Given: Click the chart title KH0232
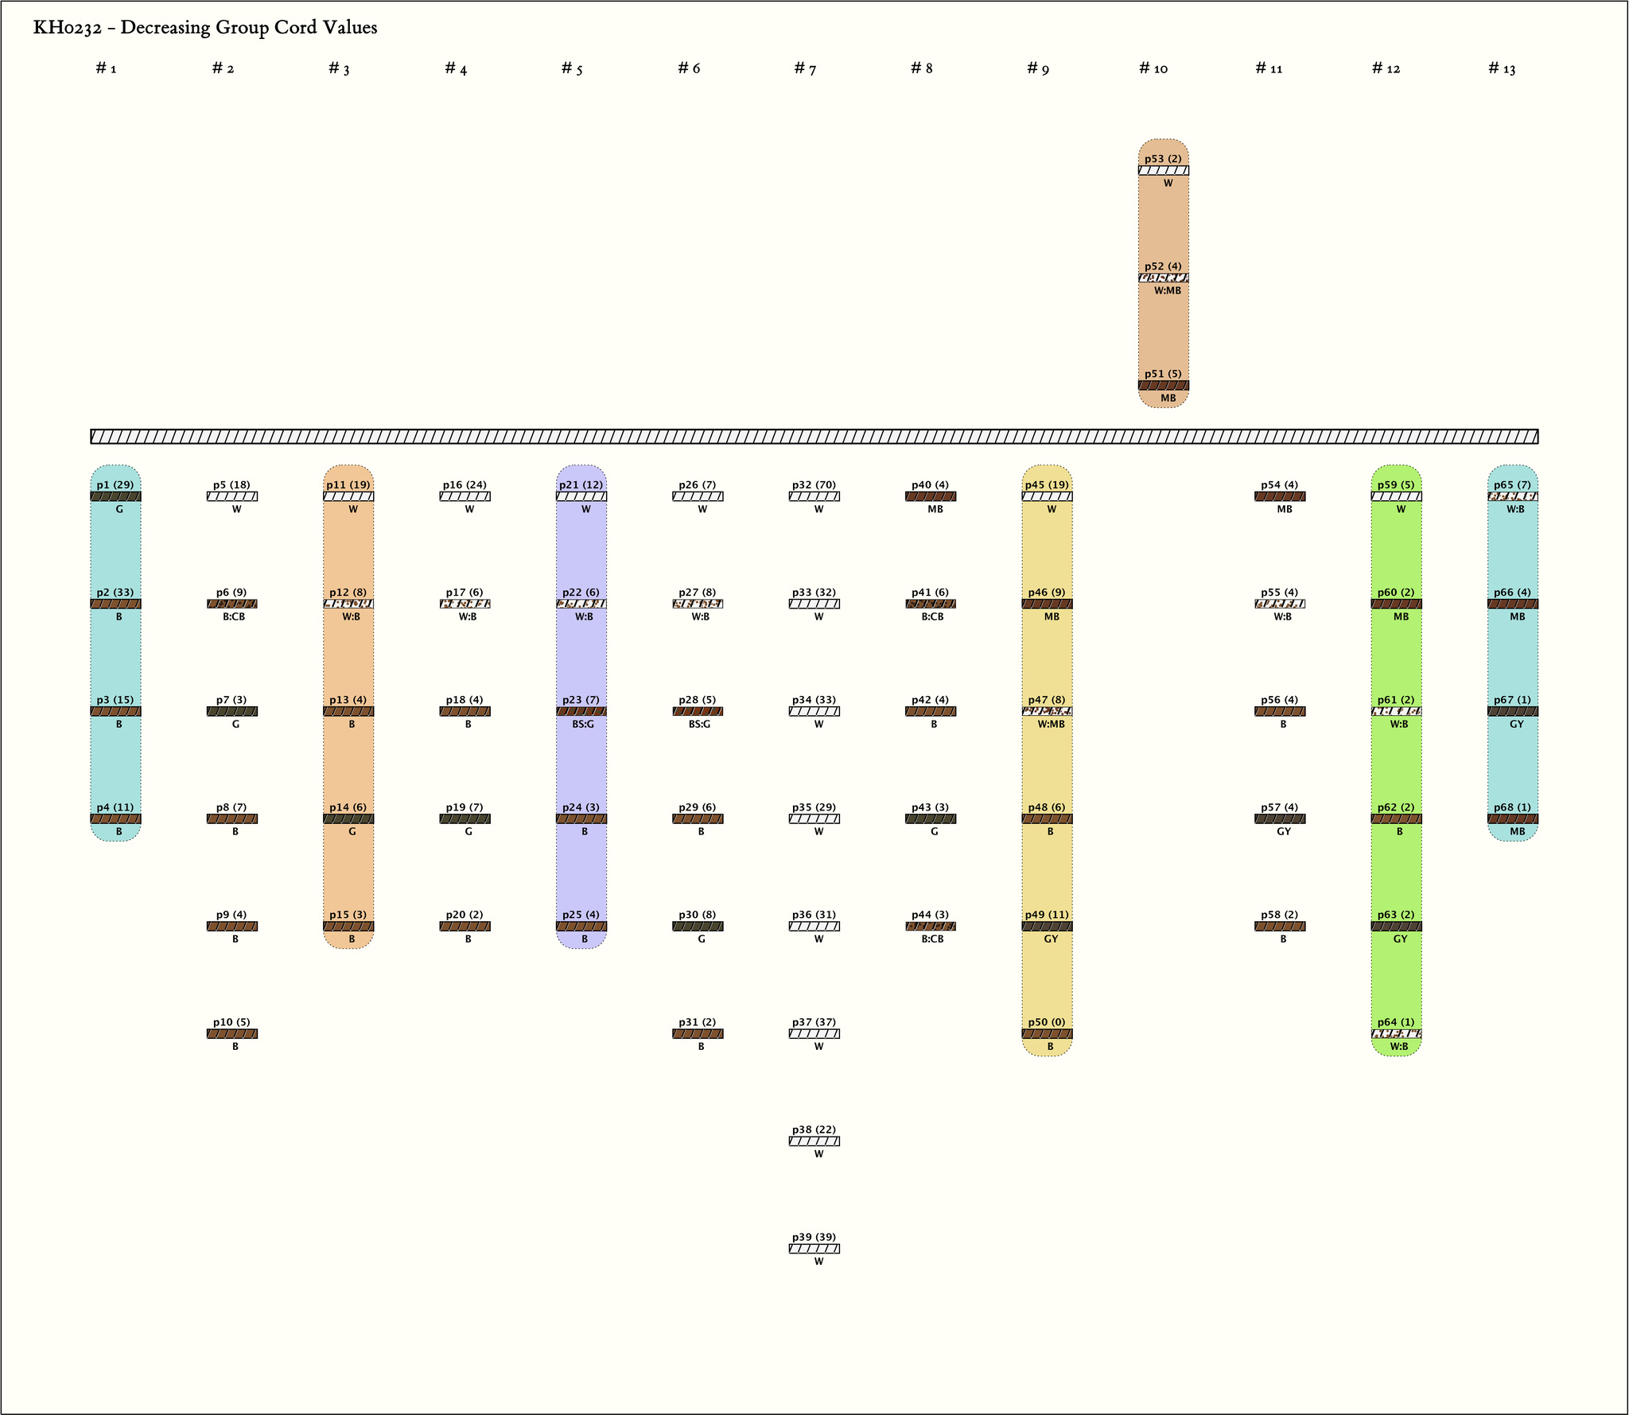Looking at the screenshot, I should pyautogui.click(x=204, y=28).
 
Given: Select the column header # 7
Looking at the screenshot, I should pyautogui.click(x=805, y=68).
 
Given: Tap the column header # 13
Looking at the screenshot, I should pyautogui.click(x=1502, y=68).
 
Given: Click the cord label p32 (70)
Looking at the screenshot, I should pyautogui.click(x=814, y=484).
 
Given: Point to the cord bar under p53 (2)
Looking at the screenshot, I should pyautogui.click(x=1163, y=170).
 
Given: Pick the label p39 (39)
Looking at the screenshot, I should pyautogui.click(x=814, y=1237).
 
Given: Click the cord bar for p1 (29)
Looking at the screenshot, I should pyautogui.click(x=115, y=496).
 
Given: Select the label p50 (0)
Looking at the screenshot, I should pyautogui.click(x=1047, y=1022).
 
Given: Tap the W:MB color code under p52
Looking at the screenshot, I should pyautogui.click(x=1168, y=290).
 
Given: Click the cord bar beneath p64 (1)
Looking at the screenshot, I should pyautogui.click(x=1396, y=1034).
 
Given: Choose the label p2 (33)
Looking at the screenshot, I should pyautogui.click(x=115, y=593).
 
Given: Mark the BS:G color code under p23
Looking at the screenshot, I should pyautogui.click(x=583, y=725).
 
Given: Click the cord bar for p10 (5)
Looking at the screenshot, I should pyautogui.click(x=231, y=1034).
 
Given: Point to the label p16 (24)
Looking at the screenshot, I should pyautogui.click(x=465, y=484).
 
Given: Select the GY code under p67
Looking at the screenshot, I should pyautogui.click(x=1517, y=725).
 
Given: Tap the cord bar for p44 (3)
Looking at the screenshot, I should pyautogui.click(x=931, y=926).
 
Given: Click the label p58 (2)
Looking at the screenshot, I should pyautogui.click(x=1279, y=915).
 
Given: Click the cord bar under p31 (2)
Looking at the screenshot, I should pyautogui.click(x=698, y=1034).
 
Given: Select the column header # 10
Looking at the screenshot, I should pyautogui.click(x=1153, y=68).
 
